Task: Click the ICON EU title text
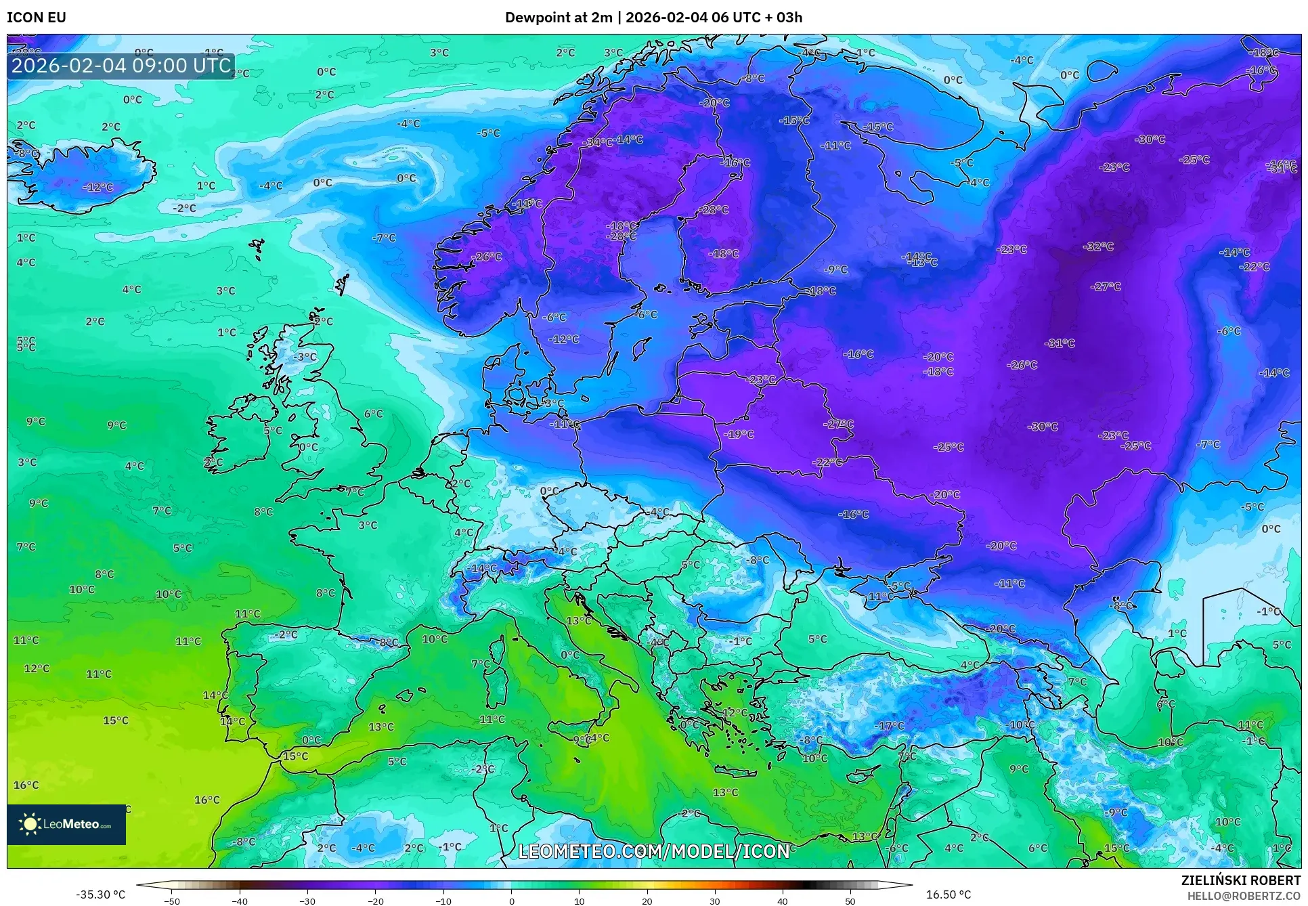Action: tap(37, 18)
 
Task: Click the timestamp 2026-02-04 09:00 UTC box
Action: tap(121, 66)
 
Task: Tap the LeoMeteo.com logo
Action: tap(66, 824)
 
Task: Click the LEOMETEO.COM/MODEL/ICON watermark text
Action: tap(653, 851)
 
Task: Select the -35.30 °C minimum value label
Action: tap(101, 894)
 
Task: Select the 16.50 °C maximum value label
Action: tap(948, 894)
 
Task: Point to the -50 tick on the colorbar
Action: tap(172, 901)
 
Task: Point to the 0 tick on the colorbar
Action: tap(511, 901)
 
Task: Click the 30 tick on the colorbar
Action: tap(715, 901)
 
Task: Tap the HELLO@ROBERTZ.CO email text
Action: tap(1243, 896)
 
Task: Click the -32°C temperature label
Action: tap(1098, 246)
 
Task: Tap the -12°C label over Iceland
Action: tap(98, 188)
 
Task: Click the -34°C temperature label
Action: tap(598, 142)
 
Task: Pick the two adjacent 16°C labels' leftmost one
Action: tap(26, 785)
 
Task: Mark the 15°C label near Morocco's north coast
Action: tap(295, 756)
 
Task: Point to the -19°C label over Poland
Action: tap(739, 434)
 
